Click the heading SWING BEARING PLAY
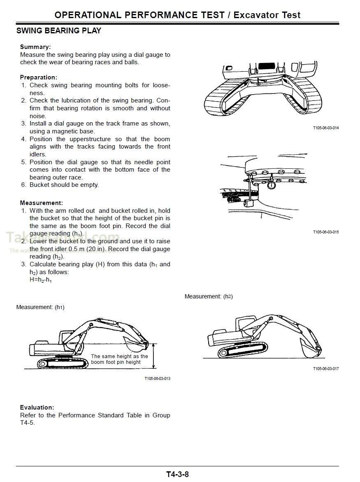[x=58, y=31]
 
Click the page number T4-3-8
[x=177, y=474]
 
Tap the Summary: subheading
[x=35, y=47]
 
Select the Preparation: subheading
[x=39, y=77]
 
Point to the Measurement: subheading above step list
[x=41, y=203]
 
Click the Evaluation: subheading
[x=37, y=407]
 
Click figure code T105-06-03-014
[x=325, y=128]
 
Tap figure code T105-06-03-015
[x=325, y=232]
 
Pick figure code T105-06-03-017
[x=325, y=369]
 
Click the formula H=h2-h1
[x=41, y=280]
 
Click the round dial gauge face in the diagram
[x=272, y=186]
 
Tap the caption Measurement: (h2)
[x=209, y=297]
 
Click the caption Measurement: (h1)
[x=40, y=307]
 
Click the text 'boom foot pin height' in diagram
[x=116, y=362]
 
